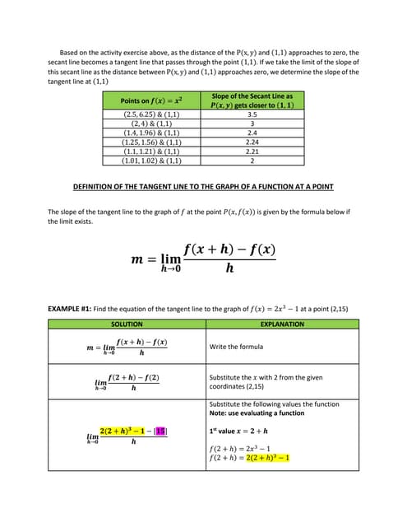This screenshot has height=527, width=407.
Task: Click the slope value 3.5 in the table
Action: [252, 115]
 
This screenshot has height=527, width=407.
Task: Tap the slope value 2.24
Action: [252, 142]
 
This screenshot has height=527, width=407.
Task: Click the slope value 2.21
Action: [252, 152]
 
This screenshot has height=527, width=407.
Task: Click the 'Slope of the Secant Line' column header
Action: [252, 100]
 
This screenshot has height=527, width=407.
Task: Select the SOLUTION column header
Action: [127, 324]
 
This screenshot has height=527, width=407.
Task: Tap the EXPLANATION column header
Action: [281, 324]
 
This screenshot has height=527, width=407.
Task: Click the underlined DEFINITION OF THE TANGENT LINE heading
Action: [203, 187]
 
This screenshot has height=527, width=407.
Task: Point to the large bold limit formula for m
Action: [203, 259]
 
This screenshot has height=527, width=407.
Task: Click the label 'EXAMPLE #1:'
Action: [70, 309]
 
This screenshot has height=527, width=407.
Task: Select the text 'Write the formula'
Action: [237, 347]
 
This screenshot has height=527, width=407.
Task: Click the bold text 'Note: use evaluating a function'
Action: [255, 413]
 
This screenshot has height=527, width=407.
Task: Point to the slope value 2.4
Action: [252, 133]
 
